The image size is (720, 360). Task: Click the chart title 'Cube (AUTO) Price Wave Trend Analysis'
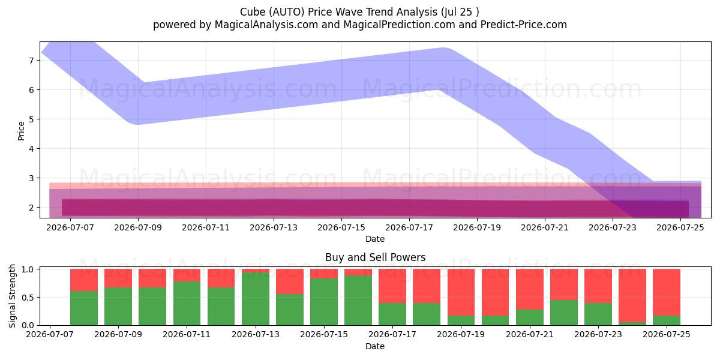[338, 12]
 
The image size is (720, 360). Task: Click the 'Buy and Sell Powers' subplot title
[375, 257]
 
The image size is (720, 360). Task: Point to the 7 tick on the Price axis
[31, 61]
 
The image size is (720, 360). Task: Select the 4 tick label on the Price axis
[31, 149]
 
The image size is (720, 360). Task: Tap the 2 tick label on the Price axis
[31, 208]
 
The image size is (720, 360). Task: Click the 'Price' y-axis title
[21, 131]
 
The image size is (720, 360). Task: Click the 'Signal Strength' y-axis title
[12, 296]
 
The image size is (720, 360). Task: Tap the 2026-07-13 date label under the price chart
[274, 227]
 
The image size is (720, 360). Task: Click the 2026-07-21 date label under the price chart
[545, 227]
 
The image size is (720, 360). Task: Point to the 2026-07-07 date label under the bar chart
[50, 334]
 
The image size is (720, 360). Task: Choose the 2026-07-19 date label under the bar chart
[461, 334]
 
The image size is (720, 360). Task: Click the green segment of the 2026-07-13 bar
[256, 299]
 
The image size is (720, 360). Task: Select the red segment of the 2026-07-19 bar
[461, 292]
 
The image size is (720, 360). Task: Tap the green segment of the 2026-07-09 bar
[118, 307]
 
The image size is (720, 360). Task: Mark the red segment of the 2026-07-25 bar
[667, 292]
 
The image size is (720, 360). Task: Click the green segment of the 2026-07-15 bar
[324, 302]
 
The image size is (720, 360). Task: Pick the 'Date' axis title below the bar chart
[375, 346]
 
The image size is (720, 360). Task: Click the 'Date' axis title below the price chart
[375, 239]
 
